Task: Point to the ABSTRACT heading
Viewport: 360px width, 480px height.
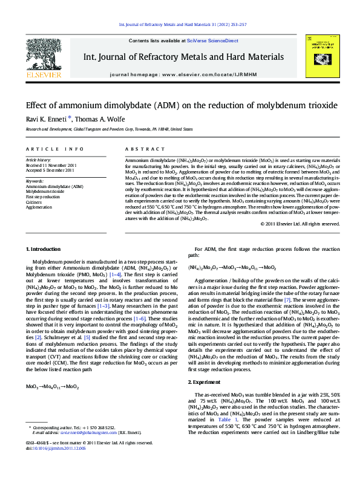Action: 140,149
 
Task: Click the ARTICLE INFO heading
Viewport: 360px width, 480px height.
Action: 54,149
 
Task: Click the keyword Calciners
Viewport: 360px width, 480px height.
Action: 35,202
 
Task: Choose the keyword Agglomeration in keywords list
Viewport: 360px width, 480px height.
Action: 39,207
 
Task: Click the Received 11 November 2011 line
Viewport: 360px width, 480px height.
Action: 51,165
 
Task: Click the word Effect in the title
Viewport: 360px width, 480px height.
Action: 38,105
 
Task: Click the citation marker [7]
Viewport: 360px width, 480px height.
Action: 288,316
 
